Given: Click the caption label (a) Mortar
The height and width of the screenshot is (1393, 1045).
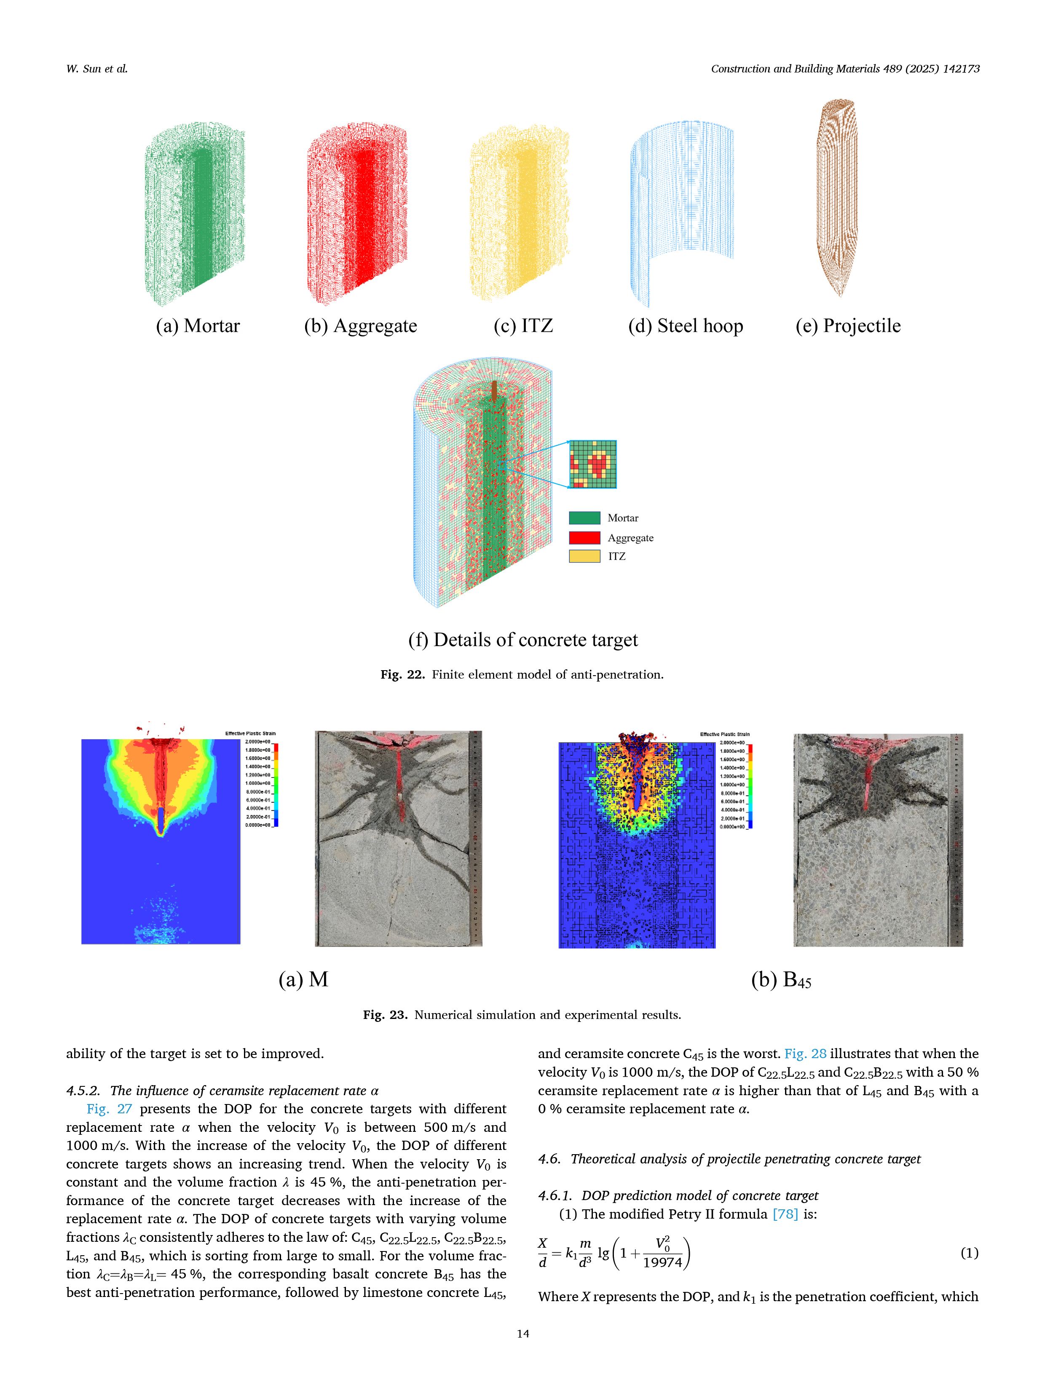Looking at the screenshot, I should pyautogui.click(x=198, y=326).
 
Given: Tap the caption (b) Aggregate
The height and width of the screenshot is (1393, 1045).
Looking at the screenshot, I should pyautogui.click(x=360, y=326).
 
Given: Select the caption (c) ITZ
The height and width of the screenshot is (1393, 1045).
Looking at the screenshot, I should pyautogui.click(x=523, y=326).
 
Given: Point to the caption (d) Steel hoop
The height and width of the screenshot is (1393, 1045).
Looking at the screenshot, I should pyautogui.click(x=685, y=326).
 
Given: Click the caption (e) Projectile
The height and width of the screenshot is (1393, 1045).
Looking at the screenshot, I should pyautogui.click(x=848, y=326).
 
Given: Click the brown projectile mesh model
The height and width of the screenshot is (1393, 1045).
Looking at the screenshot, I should pyautogui.click(x=837, y=195).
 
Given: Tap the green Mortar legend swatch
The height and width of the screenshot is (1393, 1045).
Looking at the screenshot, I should pyautogui.click(x=584, y=518).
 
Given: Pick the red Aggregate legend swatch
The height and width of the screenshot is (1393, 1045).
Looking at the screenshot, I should pyautogui.click(x=584, y=537).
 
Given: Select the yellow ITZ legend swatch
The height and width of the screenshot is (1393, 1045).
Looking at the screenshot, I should pyautogui.click(x=584, y=556).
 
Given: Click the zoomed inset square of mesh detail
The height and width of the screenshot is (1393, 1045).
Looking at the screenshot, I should pyautogui.click(x=592, y=464).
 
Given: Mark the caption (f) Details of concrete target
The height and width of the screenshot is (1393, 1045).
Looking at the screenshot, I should pyautogui.click(x=523, y=640).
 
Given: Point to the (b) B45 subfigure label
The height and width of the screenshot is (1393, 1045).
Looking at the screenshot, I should pyautogui.click(x=781, y=980).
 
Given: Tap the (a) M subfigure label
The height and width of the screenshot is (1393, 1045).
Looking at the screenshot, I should pyautogui.click(x=303, y=979).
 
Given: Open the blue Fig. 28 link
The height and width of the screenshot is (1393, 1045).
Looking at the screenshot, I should pyautogui.click(x=805, y=1053).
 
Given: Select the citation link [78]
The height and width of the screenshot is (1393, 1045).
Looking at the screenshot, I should pyautogui.click(x=785, y=1214).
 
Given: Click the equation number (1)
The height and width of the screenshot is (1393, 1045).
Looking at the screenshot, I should pyautogui.click(x=969, y=1253).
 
